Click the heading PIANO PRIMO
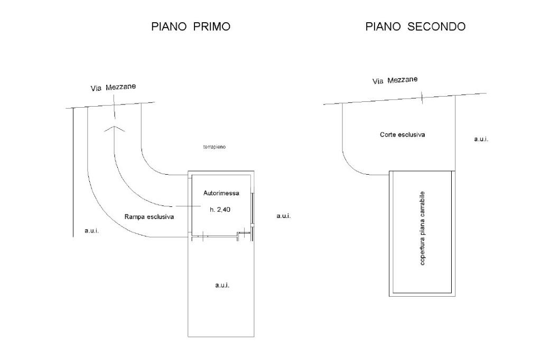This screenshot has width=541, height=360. (x=191, y=26)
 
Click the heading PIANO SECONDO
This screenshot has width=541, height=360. (x=415, y=26)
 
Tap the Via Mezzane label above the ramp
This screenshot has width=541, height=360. (x=113, y=87)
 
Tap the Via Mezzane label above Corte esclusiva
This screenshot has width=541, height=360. (x=395, y=80)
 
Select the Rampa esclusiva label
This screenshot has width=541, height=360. (x=149, y=216)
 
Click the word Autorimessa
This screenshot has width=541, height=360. (x=221, y=193)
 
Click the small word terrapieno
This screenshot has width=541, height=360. (x=214, y=147)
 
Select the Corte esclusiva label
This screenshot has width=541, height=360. (x=402, y=135)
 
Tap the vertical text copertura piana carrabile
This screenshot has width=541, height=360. (x=422, y=228)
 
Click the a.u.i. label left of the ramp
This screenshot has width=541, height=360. (x=91, y=231)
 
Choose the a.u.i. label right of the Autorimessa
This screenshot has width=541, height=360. (x=284, y=216)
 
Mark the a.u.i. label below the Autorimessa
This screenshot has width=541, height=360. (x=222, y=285)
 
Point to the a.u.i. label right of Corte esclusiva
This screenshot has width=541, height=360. (x=481, y=139)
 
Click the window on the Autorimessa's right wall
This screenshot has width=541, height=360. (x=253, y=209)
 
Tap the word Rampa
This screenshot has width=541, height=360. (x=135, y=216)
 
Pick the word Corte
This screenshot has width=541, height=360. (x=388, y=135)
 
